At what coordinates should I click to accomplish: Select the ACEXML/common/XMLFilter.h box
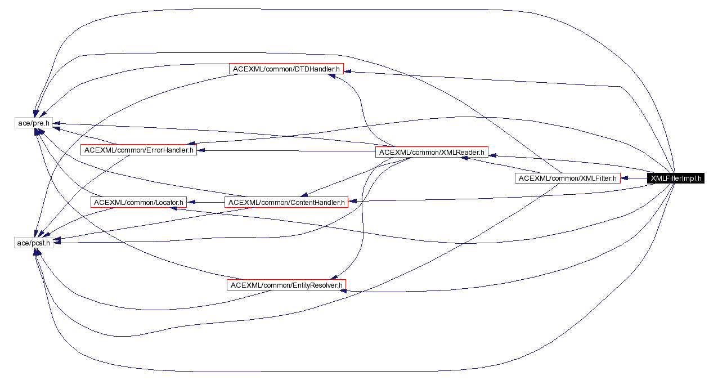(567, 178)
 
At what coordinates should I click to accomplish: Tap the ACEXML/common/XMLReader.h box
(432, 152)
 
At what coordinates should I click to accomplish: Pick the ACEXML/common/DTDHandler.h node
(286, 69)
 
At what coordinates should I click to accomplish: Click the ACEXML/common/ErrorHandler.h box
(138, 150)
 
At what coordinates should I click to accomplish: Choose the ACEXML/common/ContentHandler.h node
(286, 202)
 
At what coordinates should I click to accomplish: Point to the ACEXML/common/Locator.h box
(138, 202)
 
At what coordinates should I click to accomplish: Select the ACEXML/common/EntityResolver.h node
(286, 285)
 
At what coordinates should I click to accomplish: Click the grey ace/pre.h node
(33, 122)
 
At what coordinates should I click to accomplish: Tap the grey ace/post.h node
(33, 243)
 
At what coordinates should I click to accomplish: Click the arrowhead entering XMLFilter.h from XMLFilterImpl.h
(625, 178)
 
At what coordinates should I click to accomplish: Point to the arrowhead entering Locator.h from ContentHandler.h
(191, 202)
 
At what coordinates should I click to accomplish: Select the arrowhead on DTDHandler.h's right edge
(348, 71)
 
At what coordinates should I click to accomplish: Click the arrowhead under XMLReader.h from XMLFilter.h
(465, 159)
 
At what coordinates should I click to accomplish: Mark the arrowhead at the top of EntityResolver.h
(334, 277)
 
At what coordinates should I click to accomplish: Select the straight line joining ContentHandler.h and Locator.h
(207, 202)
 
